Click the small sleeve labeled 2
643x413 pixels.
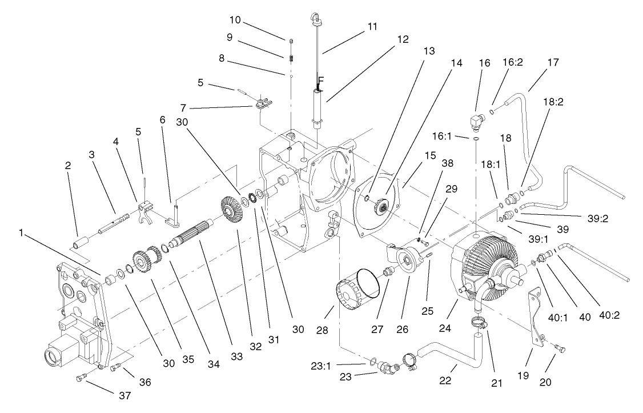coord(79,240)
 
